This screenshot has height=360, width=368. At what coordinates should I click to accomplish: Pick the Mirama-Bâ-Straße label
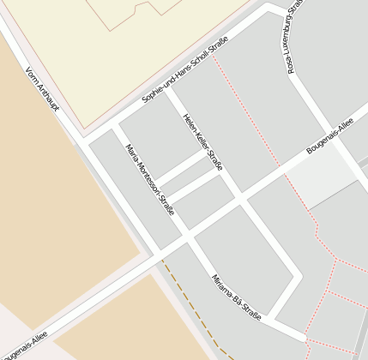(236, 297)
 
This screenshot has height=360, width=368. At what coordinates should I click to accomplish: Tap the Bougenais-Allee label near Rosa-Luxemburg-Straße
(330, 139)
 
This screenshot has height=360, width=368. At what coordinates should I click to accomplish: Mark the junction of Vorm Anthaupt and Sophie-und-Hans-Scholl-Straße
(83, 139)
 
